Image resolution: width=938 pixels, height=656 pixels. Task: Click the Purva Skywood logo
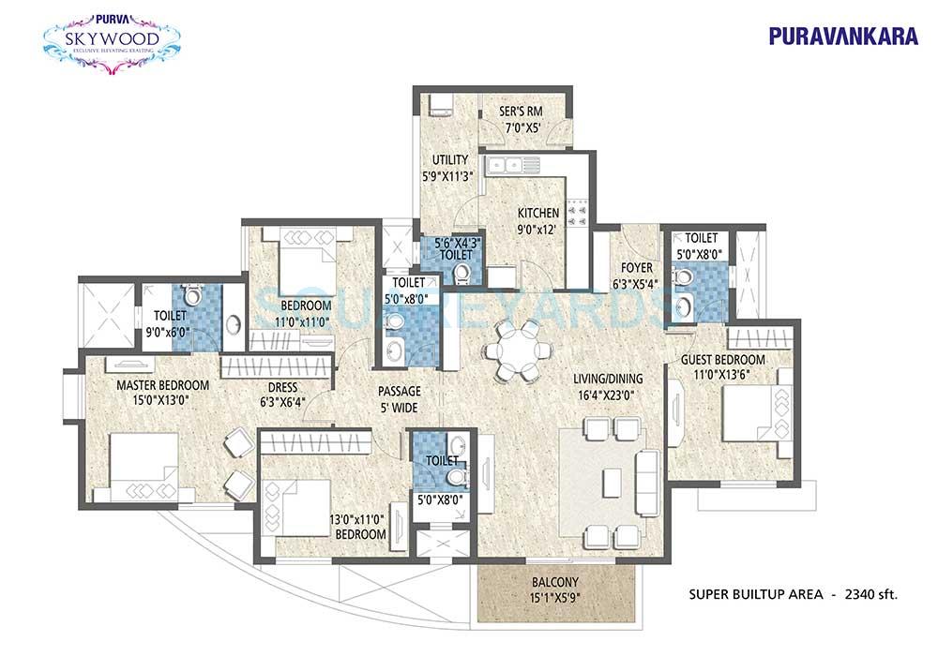tap(113, 37)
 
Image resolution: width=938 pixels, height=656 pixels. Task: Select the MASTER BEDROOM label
tap(163, 385)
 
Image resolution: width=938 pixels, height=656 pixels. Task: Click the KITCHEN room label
tap(537, 214)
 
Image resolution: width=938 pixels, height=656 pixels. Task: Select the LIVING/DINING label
tap(609, 379)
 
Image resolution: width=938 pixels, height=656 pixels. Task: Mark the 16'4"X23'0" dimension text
tap(609, 395)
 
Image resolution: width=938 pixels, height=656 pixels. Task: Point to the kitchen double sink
tap(514, 167)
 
